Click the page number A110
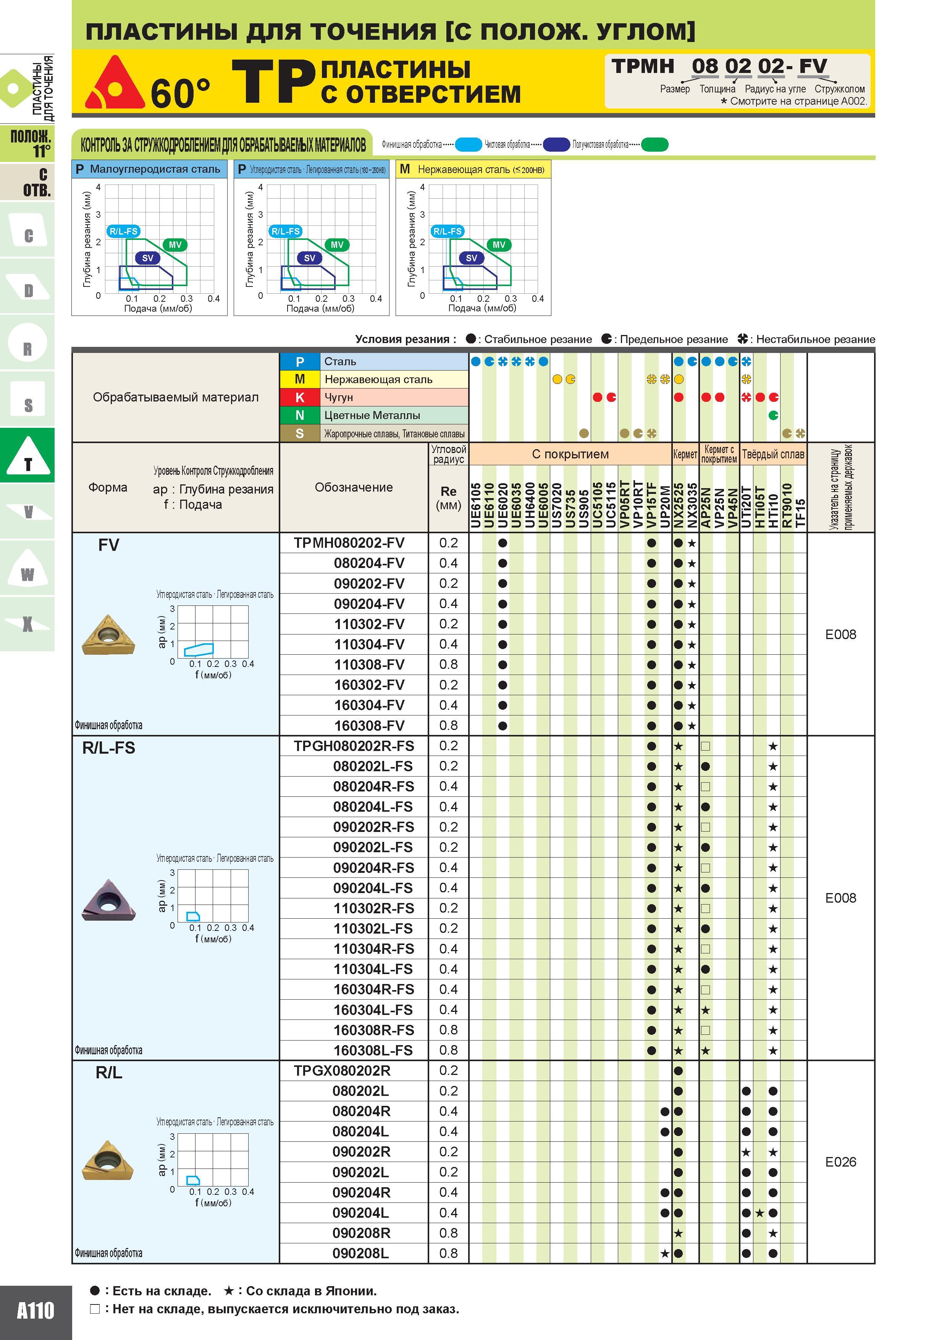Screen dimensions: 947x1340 click(35, 1310)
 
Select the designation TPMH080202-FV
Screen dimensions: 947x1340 click(349, 543)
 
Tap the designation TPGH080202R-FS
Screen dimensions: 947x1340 click(354, 746)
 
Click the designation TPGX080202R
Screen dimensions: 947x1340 click(342, 1070)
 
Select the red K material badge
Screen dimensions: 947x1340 click(299, 397)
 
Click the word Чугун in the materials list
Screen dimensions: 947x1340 click(338, 397)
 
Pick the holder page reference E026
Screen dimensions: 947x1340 click(840, 1162)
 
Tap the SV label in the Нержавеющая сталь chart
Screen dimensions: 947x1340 click(472, 258)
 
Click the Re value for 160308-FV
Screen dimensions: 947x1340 click(448, 725)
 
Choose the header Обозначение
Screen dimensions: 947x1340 click(354, 487)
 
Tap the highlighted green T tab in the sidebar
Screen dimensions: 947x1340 click(27, 455)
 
